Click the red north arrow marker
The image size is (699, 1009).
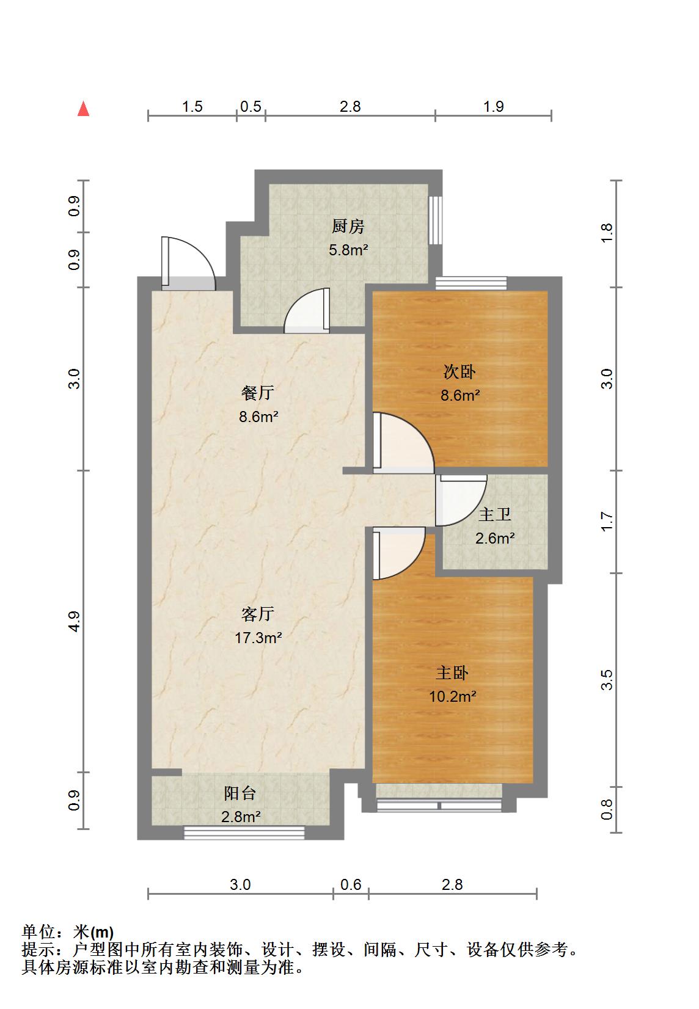point(83,109)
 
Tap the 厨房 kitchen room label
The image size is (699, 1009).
point(348,226)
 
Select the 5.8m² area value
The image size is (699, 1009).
point(348,250)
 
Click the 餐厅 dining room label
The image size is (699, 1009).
point(258,393)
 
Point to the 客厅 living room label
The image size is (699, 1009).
point(258,614)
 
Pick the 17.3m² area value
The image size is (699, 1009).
point(258,638)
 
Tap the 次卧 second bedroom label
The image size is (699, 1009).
point(459,371)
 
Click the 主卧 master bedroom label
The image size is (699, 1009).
point(453,673)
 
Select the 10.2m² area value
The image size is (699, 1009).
point(453,697)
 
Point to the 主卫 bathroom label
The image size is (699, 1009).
point(495,514)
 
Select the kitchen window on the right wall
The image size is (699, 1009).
point(436,220)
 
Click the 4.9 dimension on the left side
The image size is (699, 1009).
point(74,622)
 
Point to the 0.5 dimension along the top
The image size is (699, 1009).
point(251,107)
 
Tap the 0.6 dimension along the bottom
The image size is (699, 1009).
point(351,884)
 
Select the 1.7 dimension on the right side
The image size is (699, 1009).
point(607,521)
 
